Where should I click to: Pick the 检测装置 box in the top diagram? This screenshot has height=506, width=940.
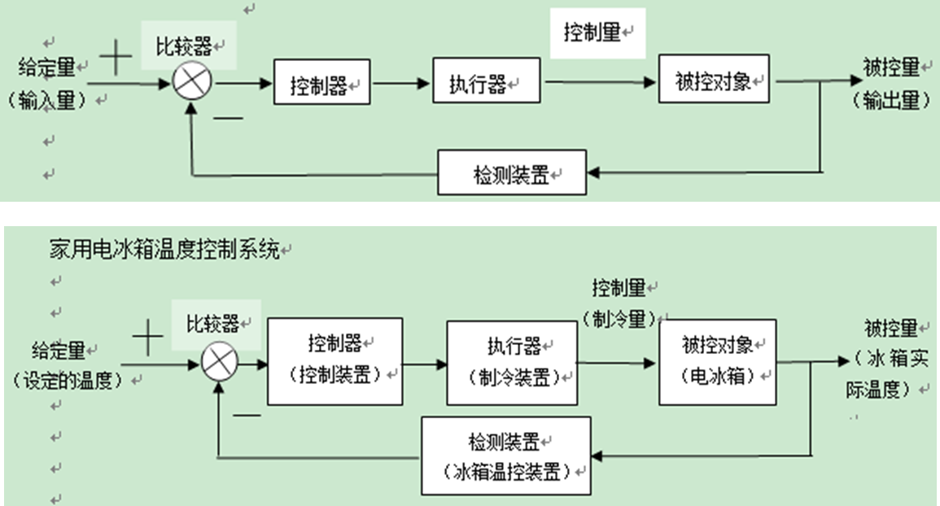(511, 172)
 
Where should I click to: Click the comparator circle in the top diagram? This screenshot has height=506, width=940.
(192, 81)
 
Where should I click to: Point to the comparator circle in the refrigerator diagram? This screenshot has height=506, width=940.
(218, 364)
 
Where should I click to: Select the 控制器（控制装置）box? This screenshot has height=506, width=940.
(335, 360)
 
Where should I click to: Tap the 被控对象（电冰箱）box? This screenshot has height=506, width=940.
(718, 360)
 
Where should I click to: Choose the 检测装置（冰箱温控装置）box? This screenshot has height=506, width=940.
(505, 455)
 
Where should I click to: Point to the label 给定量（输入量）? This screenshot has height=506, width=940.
(53, 83)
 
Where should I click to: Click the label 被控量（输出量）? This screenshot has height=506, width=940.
(890, 84)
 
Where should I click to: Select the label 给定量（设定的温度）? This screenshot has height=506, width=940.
(65, 364)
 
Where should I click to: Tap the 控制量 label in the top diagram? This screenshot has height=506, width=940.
(593, 33)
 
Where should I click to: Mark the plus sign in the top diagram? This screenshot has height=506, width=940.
(119, 59)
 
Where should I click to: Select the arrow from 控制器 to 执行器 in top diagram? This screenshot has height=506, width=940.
(402, 82)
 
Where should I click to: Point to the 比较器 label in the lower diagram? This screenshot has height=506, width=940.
(213, 324)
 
